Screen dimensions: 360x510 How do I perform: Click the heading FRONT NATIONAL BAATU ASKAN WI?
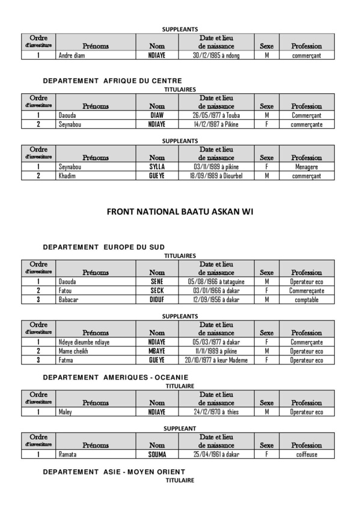(x=180, y=212)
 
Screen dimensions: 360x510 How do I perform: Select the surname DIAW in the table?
(x=157, y=115)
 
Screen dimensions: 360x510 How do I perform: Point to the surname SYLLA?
(x=157, y=167)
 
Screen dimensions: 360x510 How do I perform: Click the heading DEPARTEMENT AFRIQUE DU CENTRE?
(x=112, y=81)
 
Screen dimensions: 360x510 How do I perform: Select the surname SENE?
(x=157, y=281)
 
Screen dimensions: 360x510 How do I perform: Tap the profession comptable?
(x=307, y=300)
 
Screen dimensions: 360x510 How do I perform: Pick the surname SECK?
(x=157, y=290)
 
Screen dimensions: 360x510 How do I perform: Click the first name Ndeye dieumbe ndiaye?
(x=84, y=342)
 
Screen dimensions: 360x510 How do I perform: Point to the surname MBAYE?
(x=157, y=351)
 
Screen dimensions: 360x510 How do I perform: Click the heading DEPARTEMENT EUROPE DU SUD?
(x=104, y=247)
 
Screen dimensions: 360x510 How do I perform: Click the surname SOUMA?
(x=157, y=455)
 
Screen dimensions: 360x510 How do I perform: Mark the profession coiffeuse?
(x=307, y=455)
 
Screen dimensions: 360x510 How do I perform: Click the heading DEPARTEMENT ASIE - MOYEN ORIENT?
(x=114, y=472)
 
